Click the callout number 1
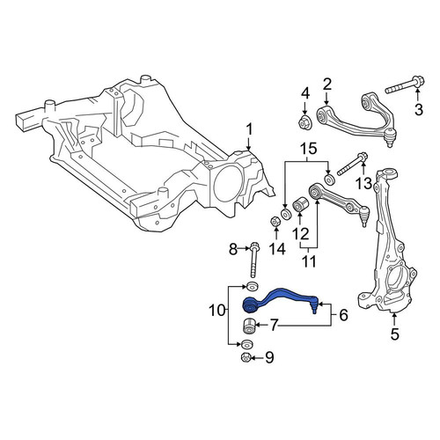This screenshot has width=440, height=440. pos(249,130)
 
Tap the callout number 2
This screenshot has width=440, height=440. pos(326,84)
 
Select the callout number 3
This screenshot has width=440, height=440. pos(419,109)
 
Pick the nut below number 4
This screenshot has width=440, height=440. pos(306,121)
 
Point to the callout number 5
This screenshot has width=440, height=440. pos(395,334)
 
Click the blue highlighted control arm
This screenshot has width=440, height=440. pos(279,301)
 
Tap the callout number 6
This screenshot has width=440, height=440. pos(343,315)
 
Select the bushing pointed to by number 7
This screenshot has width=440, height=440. pos(249,327)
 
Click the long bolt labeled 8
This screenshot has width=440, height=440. pos(253,260)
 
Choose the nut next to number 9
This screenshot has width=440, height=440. pos(246,358)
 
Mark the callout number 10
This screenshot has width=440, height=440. pos(216,311)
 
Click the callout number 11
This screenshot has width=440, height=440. pos(309,260)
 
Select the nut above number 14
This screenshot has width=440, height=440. pos(275,222)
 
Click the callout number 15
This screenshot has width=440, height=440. pos(307,149)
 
